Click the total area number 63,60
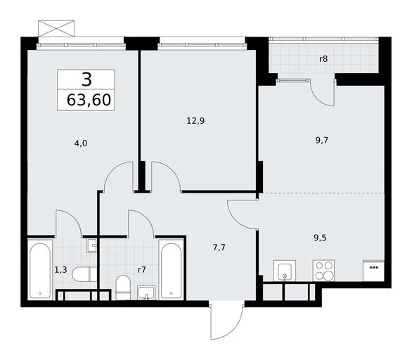click(x=89, y=100)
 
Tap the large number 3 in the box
click(x=86, y=79)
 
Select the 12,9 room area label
click(x=195, y=121)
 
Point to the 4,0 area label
click(x=81, y=143)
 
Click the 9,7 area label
click(x=322, y=141)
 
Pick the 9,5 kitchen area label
click(x=321, y=238)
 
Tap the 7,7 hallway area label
click(x=219, y=247)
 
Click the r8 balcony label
click(x=323, y=59)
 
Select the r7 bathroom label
click(x=141, y=270)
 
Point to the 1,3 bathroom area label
click(x=60, y=270)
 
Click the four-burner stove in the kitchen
click(x=323, y=271)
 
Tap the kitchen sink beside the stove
click(x=285, y=271)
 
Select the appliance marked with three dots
click(x=373, y=271)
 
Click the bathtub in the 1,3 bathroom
click(x=40, y=271)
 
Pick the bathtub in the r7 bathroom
click(x=172, y=271)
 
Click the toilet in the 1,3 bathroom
click(x=84, y=274)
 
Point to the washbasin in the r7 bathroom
click(x=146, y=293)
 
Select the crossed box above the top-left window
click(x=56, y=28)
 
